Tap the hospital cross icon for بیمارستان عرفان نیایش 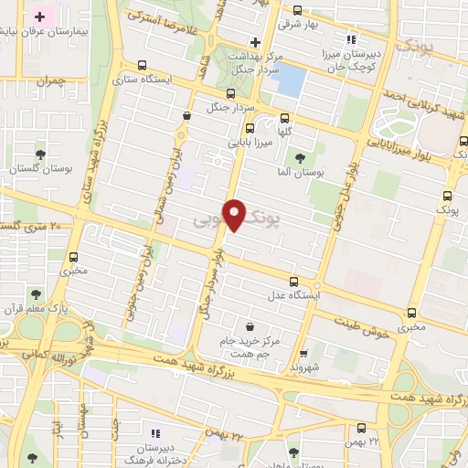(40, 16)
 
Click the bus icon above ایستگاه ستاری (142, 65)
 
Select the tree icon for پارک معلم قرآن (35, 294)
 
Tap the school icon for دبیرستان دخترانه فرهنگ (154, 433)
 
